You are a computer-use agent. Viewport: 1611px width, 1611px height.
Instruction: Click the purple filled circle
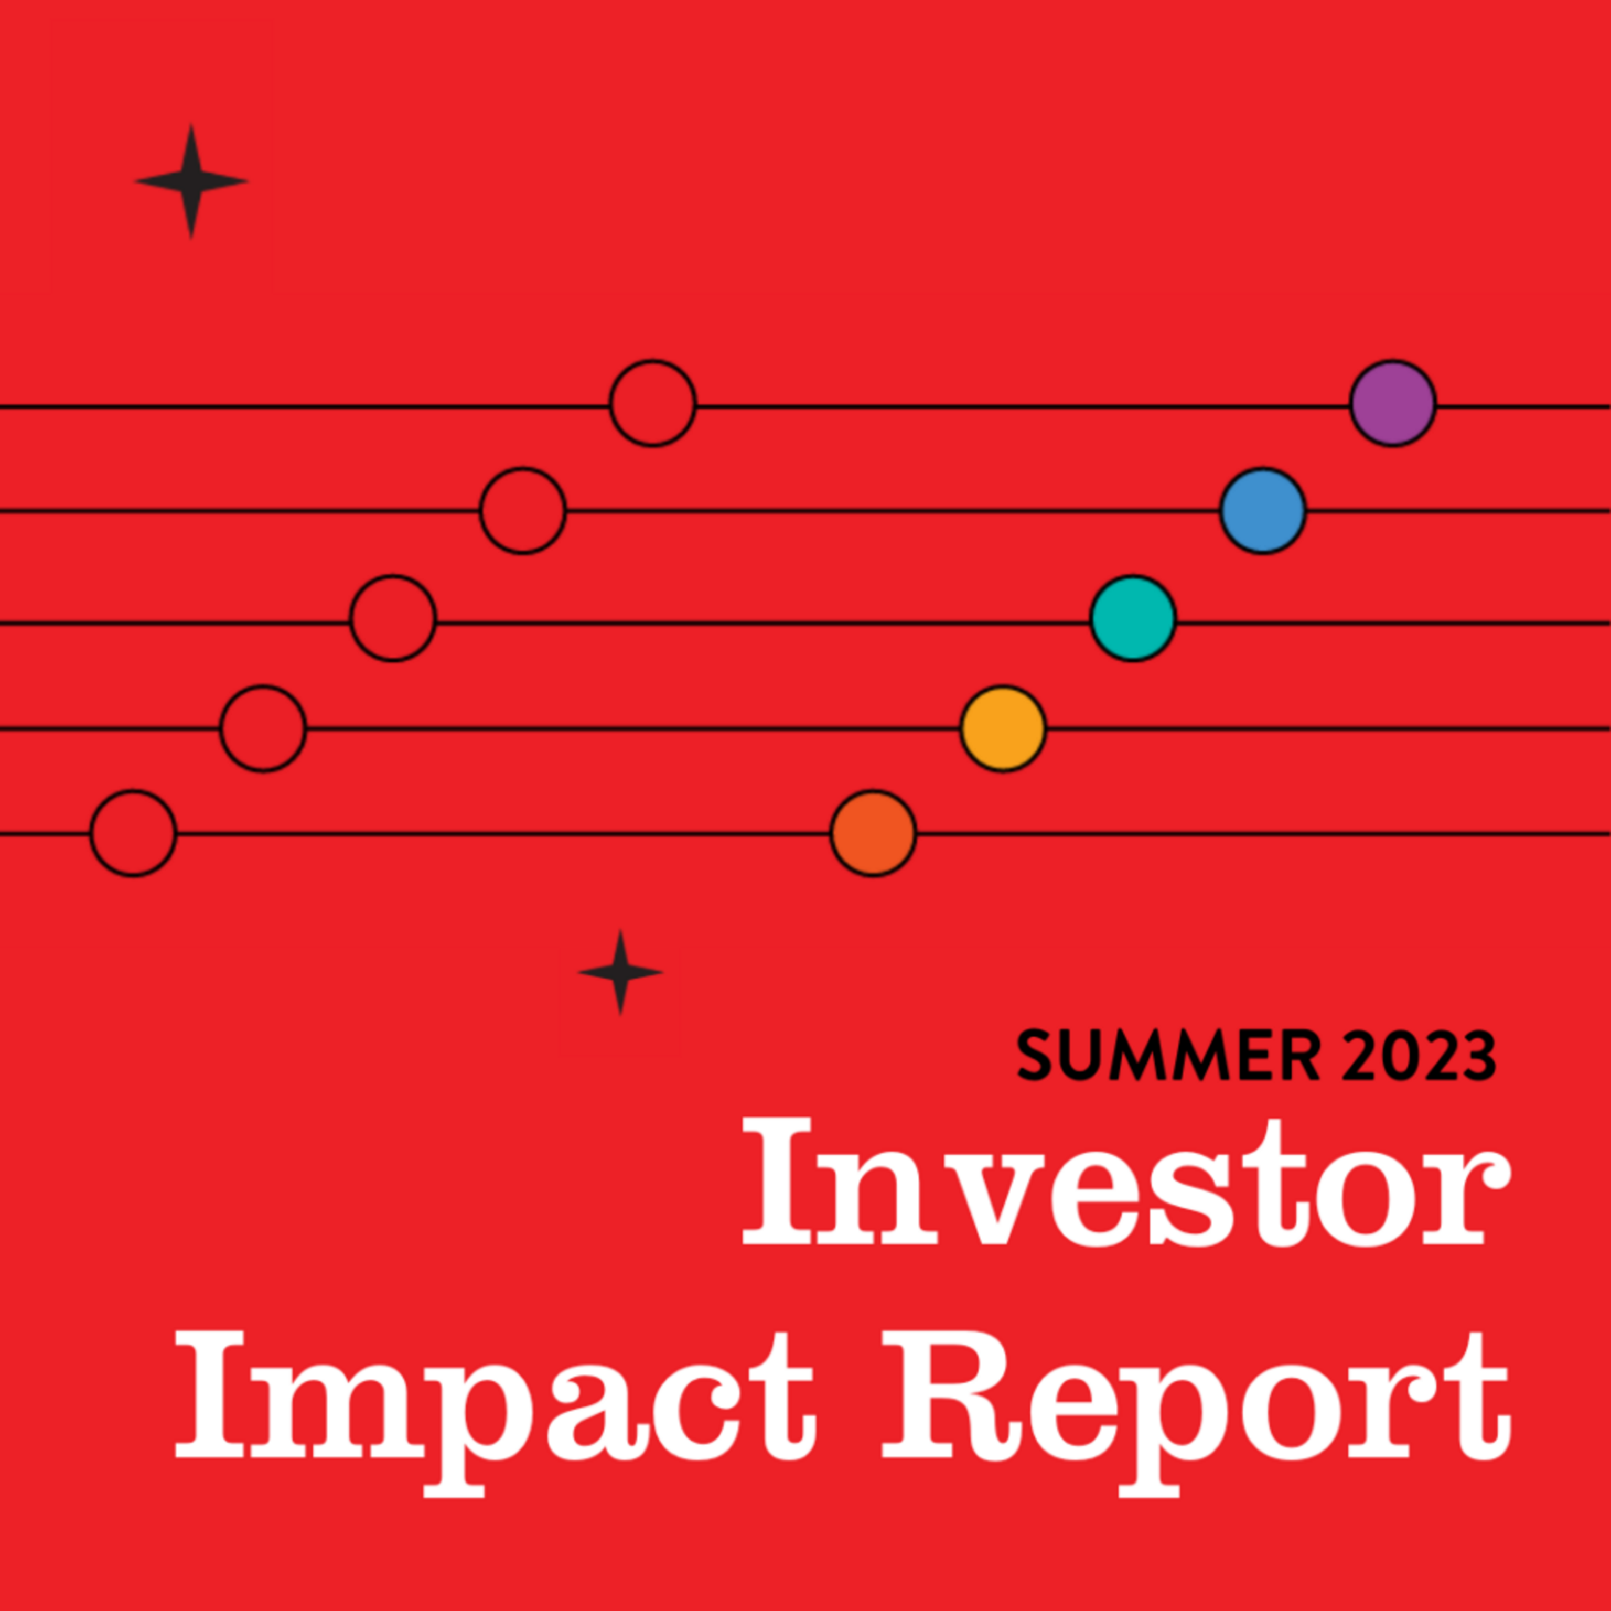pos(1392,404)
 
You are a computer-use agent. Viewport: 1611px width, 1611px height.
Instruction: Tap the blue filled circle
pos(1263,510)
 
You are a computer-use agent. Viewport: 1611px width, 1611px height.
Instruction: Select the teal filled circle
pos(1133,618)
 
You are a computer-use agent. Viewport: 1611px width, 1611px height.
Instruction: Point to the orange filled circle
pos(873,833)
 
